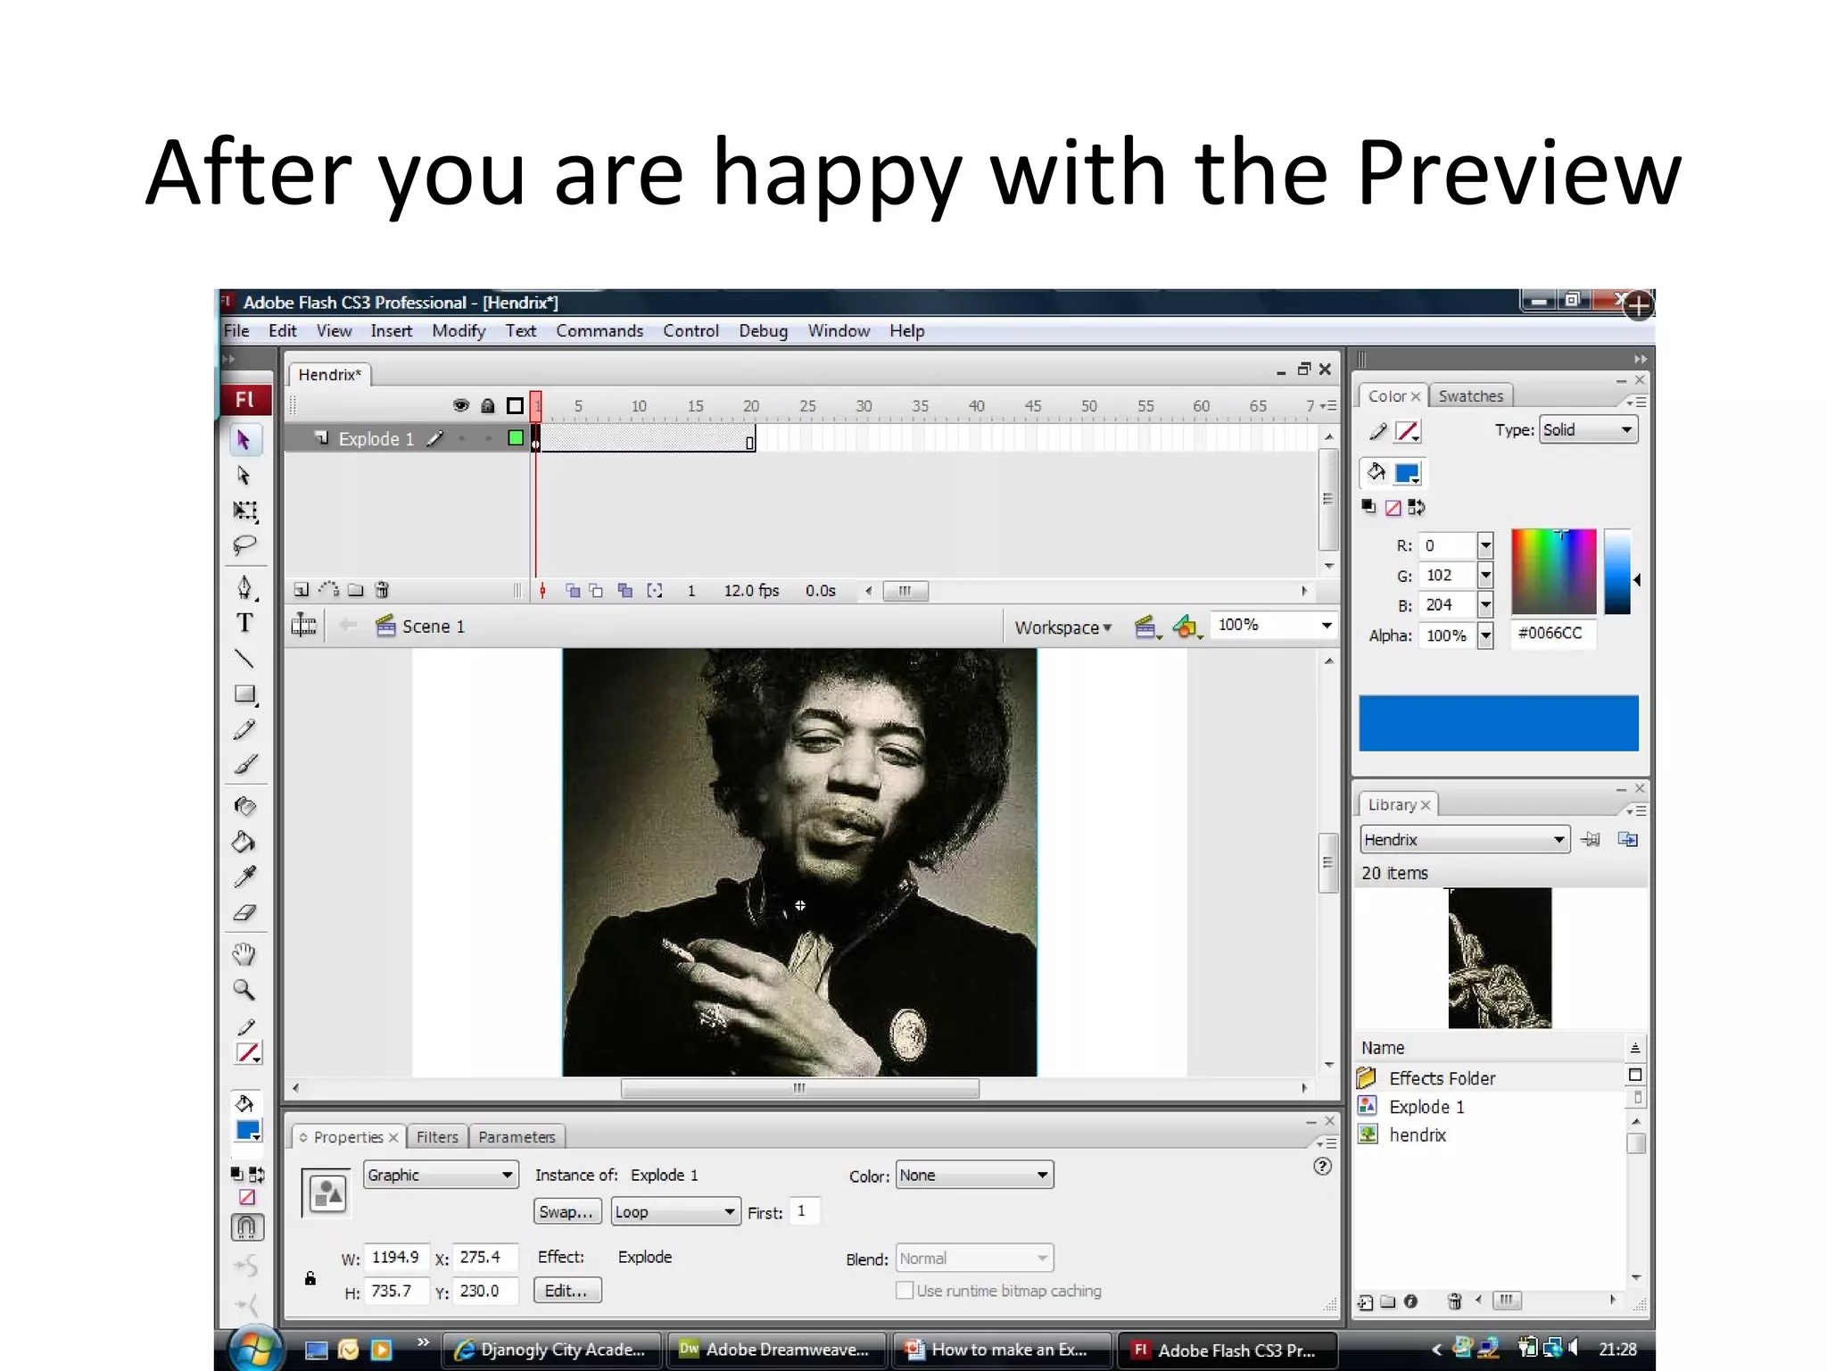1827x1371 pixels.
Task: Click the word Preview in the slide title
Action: tap(1518, 174)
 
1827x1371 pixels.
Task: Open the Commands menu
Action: tap(599, 331)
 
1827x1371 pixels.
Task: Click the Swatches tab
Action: tap(1470, 396)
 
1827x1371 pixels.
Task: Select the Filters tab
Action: tap(437, 1137)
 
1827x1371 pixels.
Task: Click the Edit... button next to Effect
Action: tap(567, 1291)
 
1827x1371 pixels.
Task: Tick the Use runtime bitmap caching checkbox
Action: tap(905, 1291)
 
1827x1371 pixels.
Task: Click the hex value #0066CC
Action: tap(1550, 633)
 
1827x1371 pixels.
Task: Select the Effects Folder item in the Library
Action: tap(1442, 1078)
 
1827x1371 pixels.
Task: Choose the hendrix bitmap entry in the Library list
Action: tap(1417, 1135)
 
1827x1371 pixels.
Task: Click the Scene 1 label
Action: tap(433, 627)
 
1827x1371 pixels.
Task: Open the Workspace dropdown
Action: tap(1062, 627)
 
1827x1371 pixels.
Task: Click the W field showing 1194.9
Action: tap(395, 1257)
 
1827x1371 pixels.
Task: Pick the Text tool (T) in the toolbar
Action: tap(244, 623)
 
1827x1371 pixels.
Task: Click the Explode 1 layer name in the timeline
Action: tap(376, 439)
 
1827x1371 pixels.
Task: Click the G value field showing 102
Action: tap(1446, 576)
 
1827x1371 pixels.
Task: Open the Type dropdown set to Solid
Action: tap(1588, 430)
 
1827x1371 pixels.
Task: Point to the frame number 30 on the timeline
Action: tap(864, 406)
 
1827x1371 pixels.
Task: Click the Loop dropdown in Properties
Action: tap(675, 1212)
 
